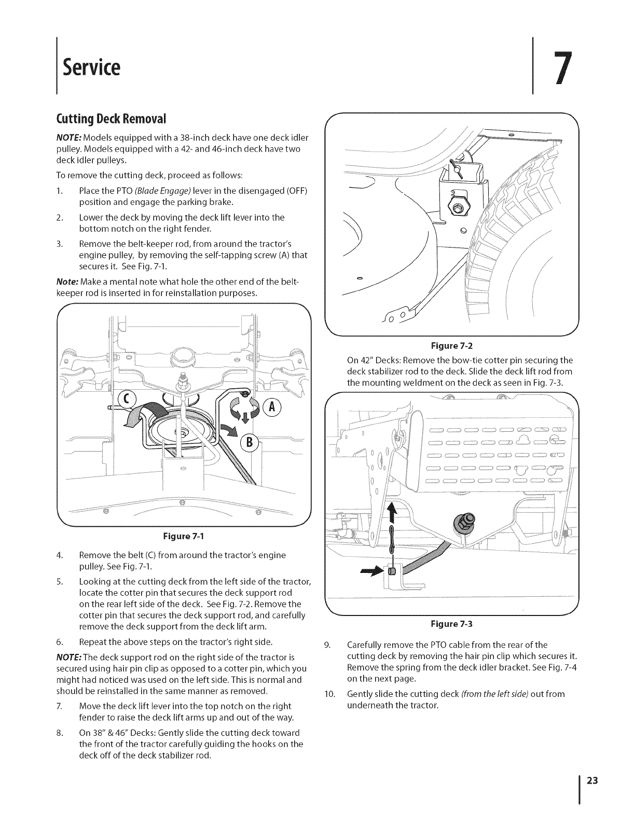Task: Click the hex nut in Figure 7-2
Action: coord(458,208)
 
